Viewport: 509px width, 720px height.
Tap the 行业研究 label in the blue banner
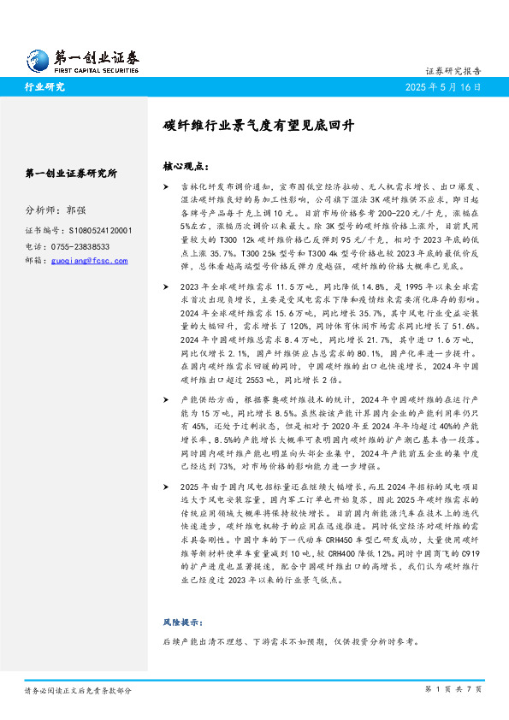[44, 87]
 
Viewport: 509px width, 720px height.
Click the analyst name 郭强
[75, 210]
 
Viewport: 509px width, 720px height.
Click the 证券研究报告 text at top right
[453, 72]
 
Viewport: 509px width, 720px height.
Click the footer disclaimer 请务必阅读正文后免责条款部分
[79, 688]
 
